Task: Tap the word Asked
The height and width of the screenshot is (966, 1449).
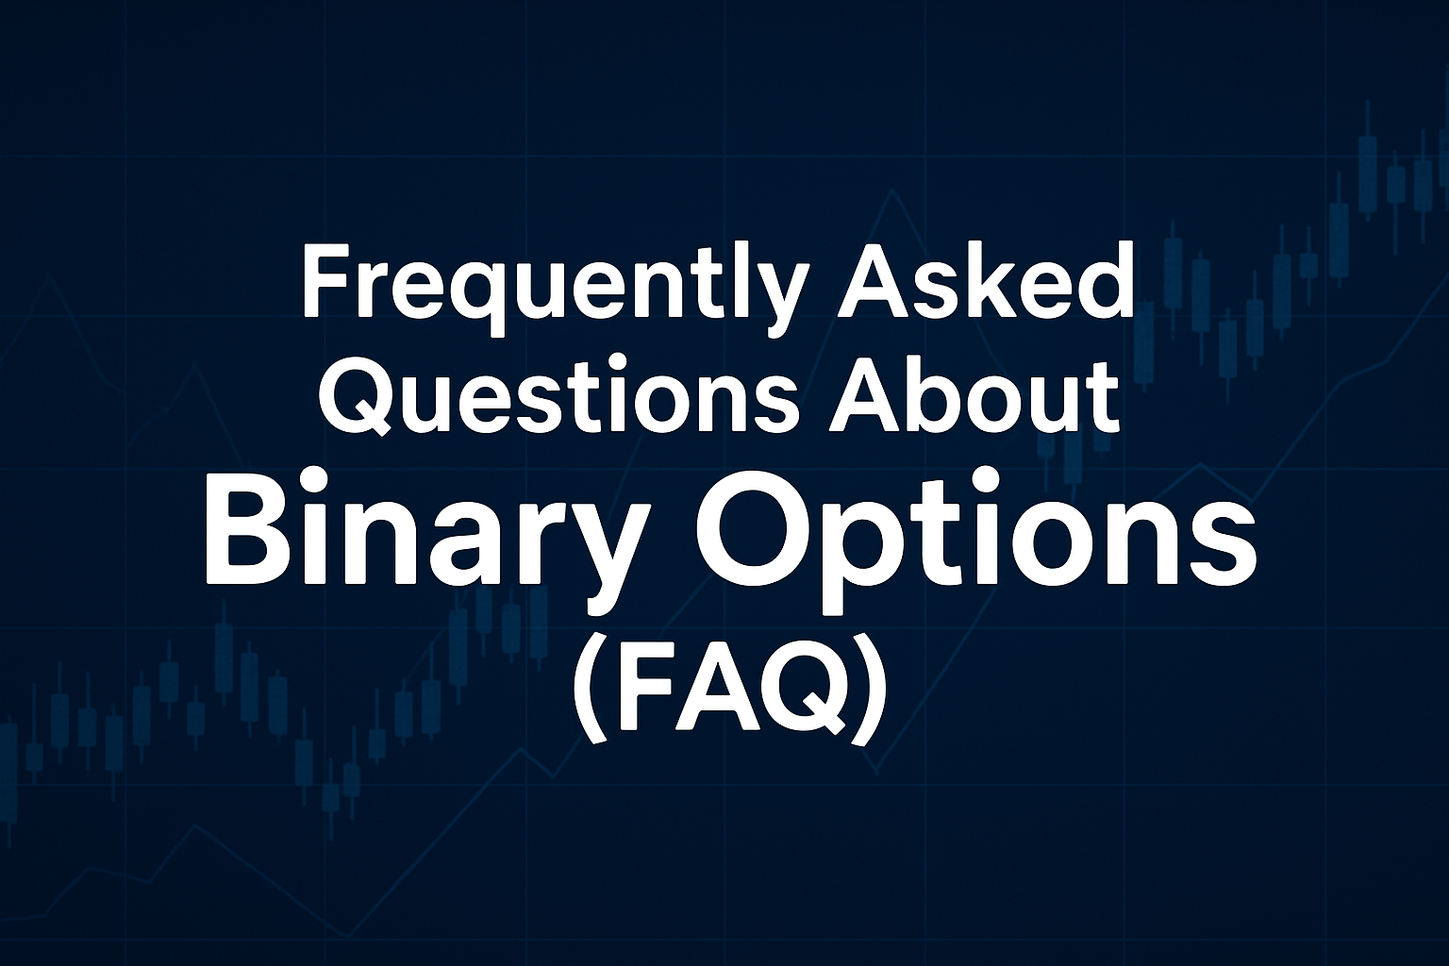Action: tap(985, 279)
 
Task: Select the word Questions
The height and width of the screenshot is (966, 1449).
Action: tap(561, 394)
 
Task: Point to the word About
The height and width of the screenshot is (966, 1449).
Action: tap(974, 393)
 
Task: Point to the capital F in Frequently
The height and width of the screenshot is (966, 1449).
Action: tap(328, 281)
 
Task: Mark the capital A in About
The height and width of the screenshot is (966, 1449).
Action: tap(865, 394)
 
